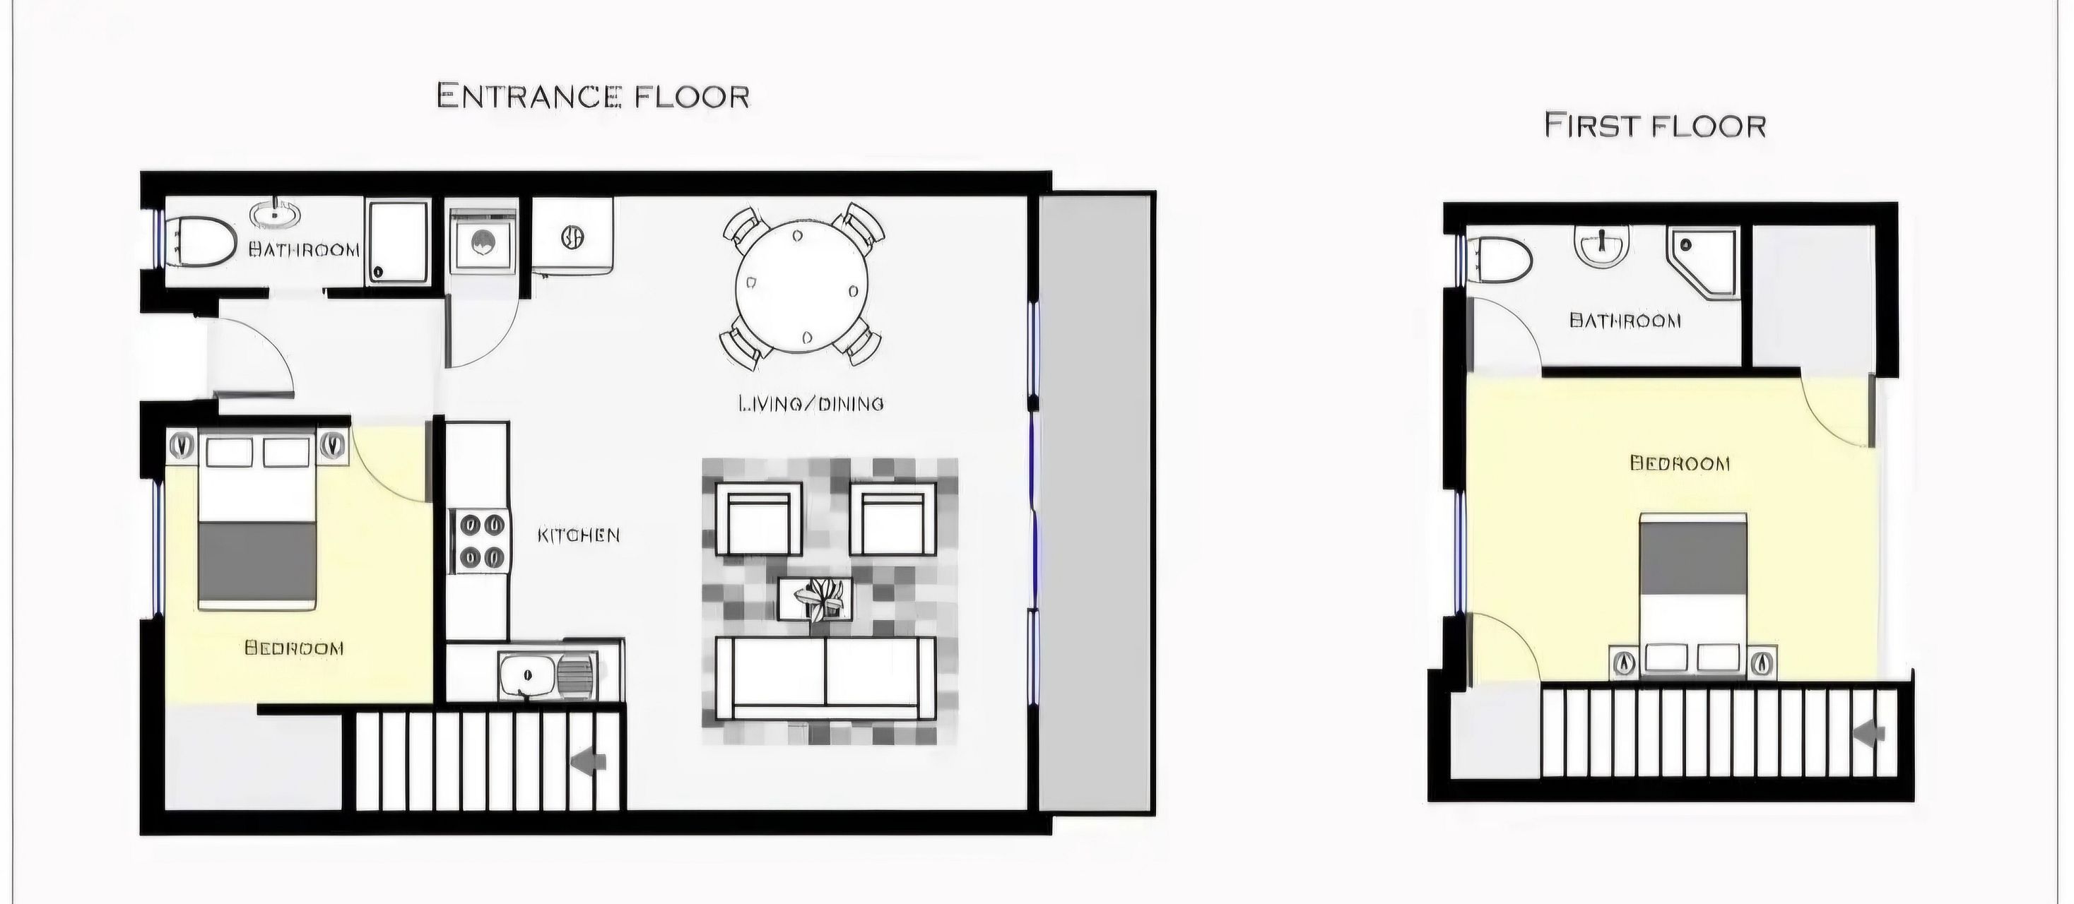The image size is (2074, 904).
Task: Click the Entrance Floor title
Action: pyautogui.click(x=594, y=97)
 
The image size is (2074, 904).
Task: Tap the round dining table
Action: pyautogui.click(x=802, y=287)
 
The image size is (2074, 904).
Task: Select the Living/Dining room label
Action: pyautogui.click(x=811, y=403)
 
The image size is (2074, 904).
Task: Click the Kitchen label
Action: pyautogui.click(x=578, y=535)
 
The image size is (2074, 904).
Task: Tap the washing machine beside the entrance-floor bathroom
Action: pyautogui.click(x=482, y=242)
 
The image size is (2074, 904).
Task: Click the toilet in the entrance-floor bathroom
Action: pyautogui.click(x=201, y=240)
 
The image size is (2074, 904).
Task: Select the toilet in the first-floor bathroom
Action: pyautogui.click(x=1500, y=258)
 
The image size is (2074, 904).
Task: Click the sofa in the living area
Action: pyautogui.click(x=825, y=679)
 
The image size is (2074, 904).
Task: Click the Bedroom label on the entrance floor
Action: pyautogui.click(x=294, y=648)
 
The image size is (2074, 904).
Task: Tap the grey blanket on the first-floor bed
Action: pyautogui.click(x=1693, y=557)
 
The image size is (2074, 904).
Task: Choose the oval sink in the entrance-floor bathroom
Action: pyautogui.click(x=276, y=215)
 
